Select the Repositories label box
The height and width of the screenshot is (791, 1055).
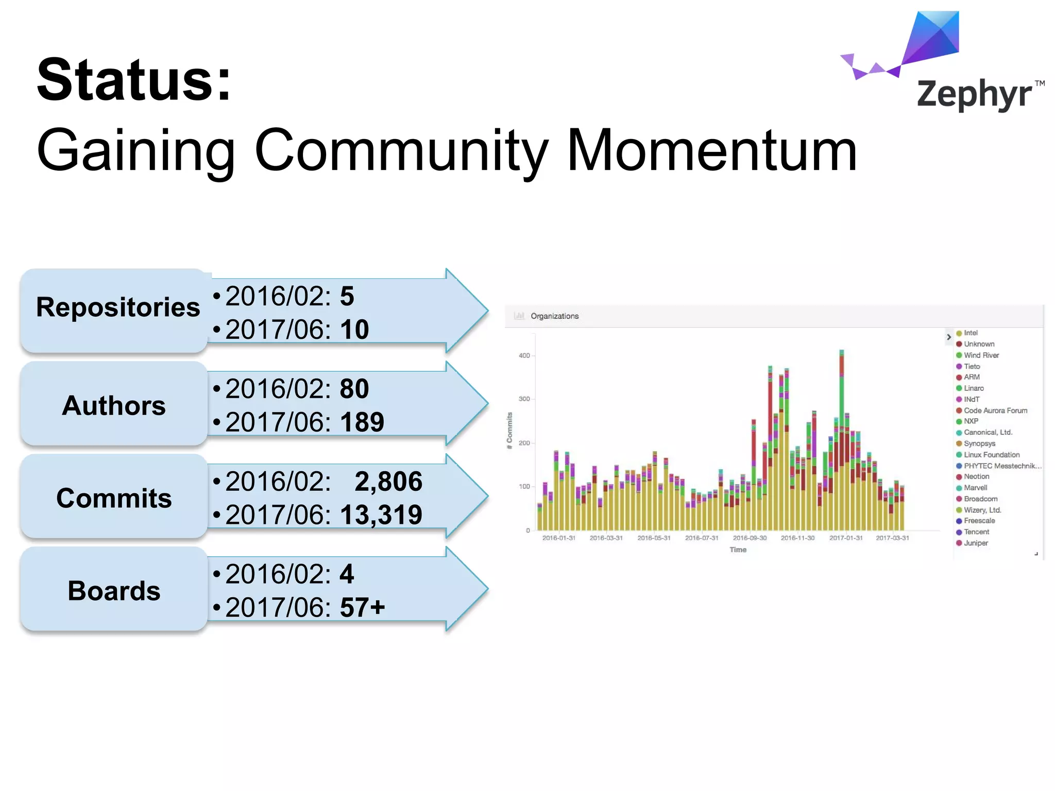[x=117, y=308]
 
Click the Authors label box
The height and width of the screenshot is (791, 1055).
[x=114, y=405]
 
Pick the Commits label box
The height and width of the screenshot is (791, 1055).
[x=114, y=498]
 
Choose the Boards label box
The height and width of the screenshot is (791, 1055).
[x=114, y=591]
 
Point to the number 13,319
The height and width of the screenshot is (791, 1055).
[x=381, y=515]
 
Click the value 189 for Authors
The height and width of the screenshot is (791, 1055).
[x=362, y=422]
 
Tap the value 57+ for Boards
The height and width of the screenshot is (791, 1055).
[x=362, y=608]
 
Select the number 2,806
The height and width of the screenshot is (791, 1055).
[x=388, y=482]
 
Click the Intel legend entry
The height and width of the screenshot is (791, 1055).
[x=971, y=333]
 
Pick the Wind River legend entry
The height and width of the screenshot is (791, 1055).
[x=981, y=355]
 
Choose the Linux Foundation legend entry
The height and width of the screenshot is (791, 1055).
[x=991, y=455]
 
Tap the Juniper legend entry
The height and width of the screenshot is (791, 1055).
[x=976, y=543]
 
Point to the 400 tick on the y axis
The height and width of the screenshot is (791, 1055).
[x=524, y=356]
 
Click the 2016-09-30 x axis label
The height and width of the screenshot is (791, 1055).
[x=750, y=538]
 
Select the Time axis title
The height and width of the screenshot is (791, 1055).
[x=738, y=550]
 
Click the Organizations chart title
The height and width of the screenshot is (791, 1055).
[x=554, y=316]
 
